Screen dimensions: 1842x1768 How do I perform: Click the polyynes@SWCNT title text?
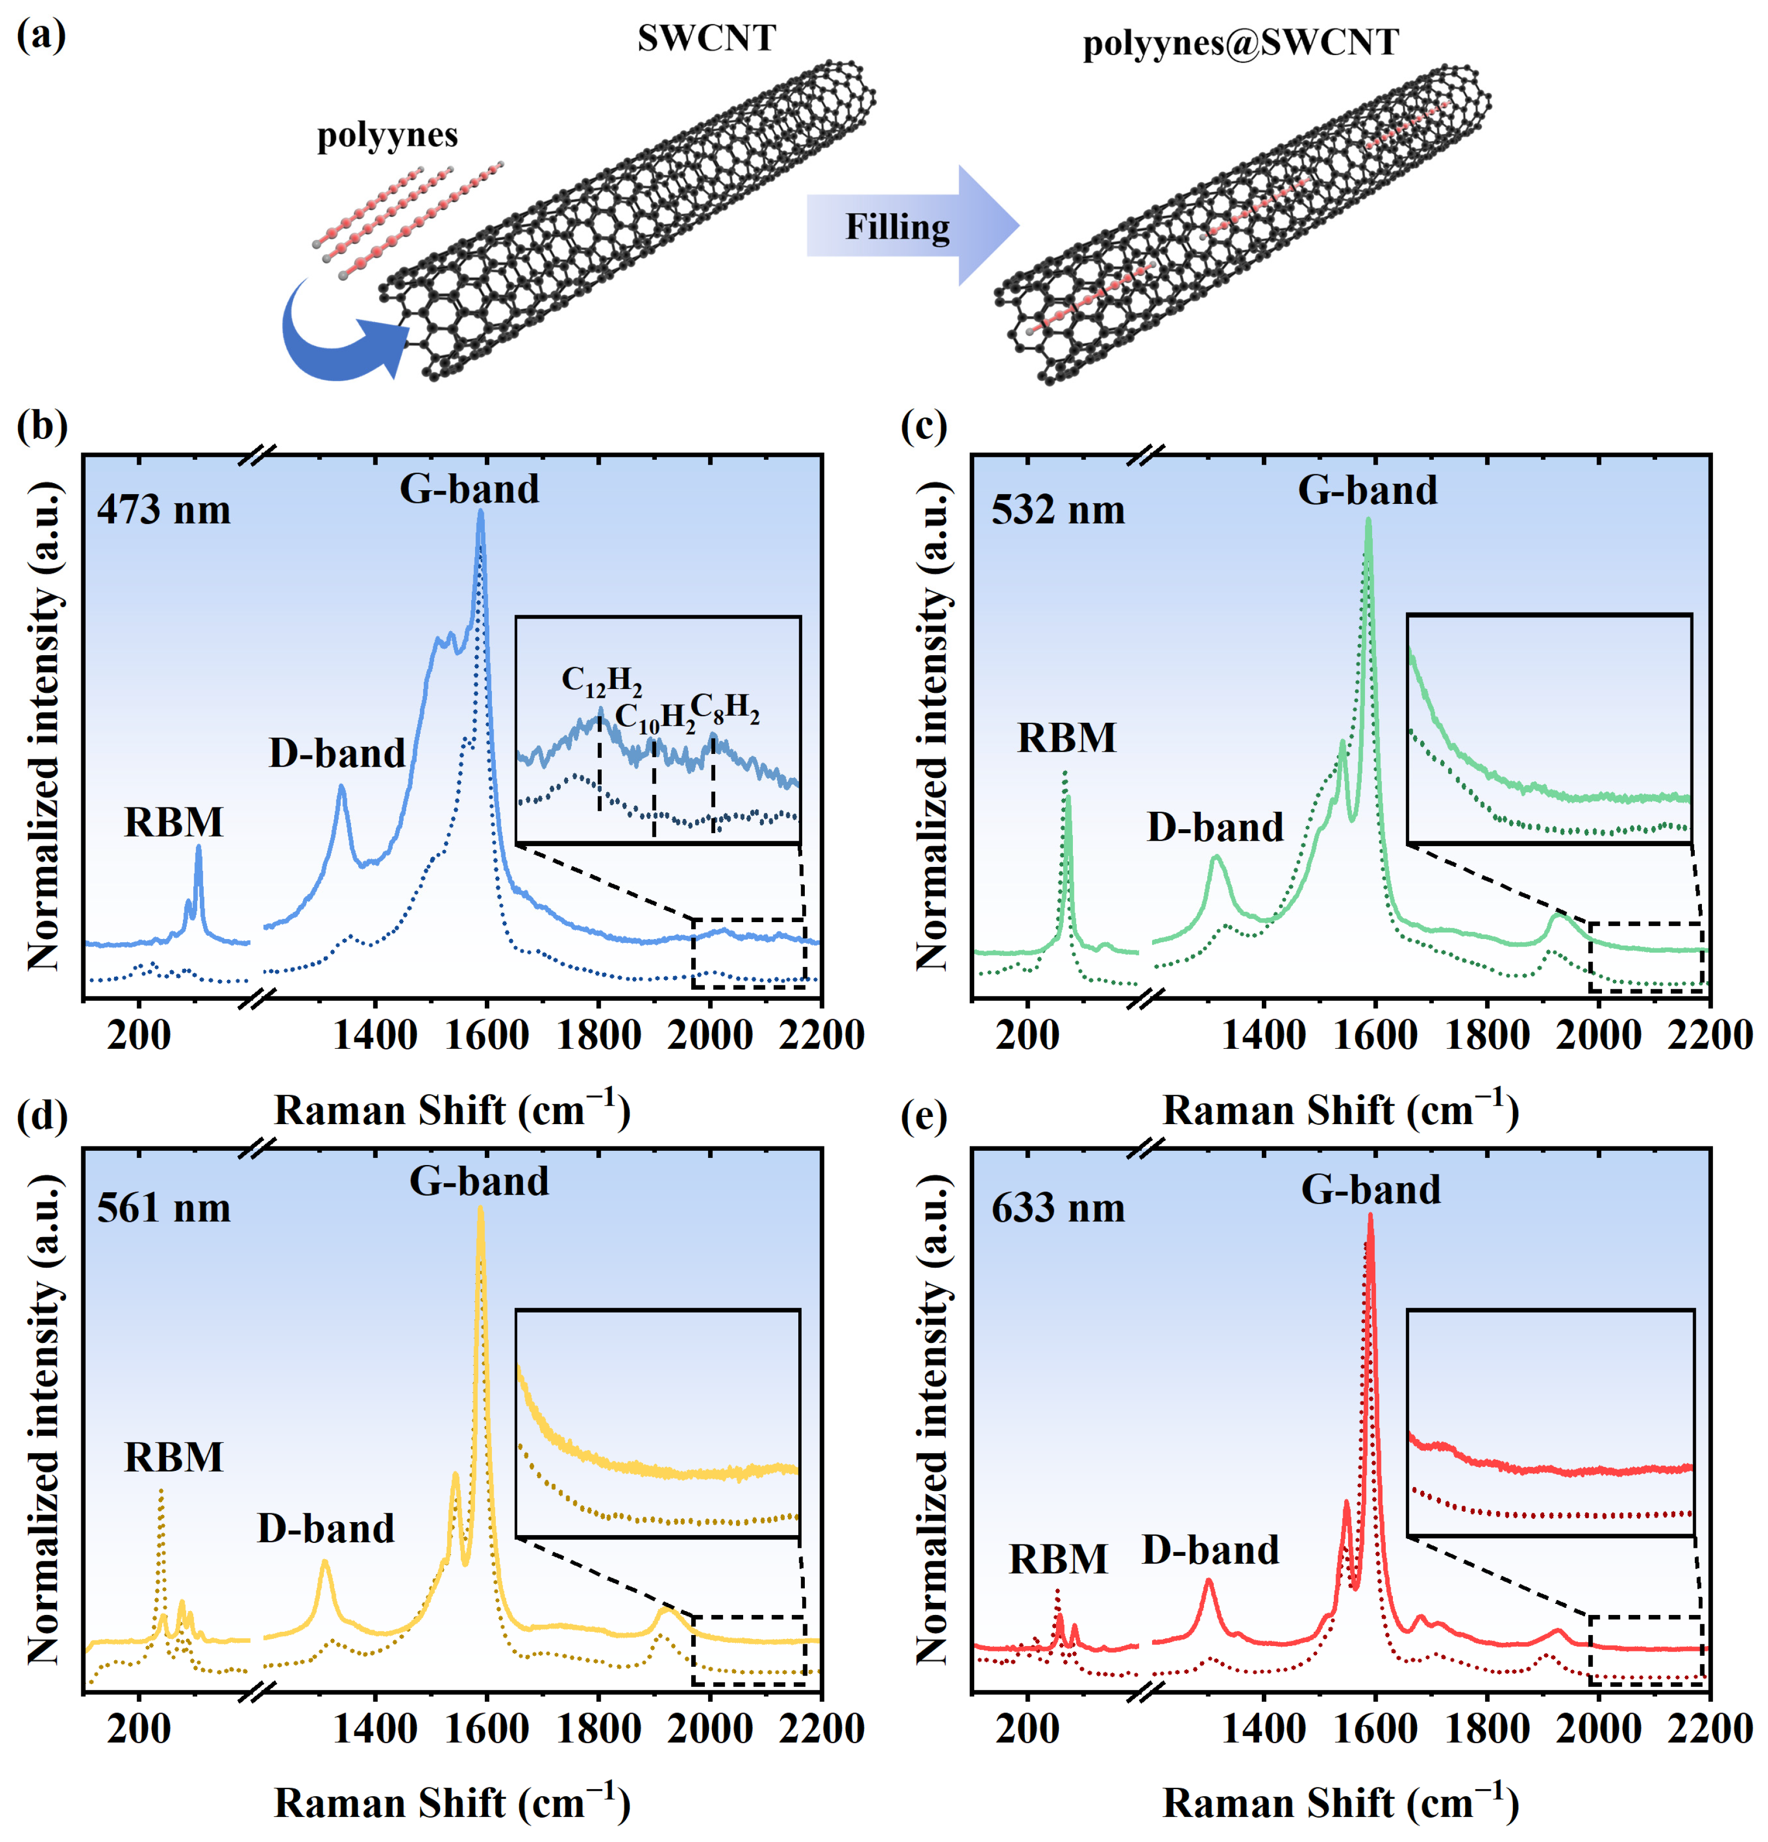pyautogui.click(x=1241, y=43)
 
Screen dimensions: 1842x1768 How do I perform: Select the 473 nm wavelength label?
pyautogui.click(x=164, y=510)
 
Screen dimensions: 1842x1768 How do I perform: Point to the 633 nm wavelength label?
pyautogui.click(x=1058, y=1208)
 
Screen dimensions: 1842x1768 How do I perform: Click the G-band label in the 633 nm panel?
pyautogui.click(x=1371, y=1190)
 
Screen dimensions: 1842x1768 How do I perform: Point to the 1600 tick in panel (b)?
pyautogui.click(x=486, y=1035)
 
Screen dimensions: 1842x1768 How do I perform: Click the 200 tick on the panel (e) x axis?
pyautogui.click(x=1028, y=1729)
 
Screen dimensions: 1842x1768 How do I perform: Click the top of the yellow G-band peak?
pyautogui.click(x=480, y=1209)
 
